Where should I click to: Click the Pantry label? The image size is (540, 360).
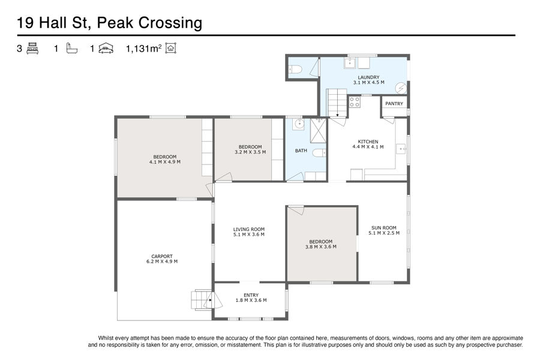point(394,104)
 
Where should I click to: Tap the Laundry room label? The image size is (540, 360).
point(368,77)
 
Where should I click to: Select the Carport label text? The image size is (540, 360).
point(162,256)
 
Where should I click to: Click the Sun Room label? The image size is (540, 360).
point(383,228)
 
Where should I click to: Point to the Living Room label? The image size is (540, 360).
point(248,229)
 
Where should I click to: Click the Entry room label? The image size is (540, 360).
point(251,295)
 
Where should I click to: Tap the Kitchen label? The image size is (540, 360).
point(368,142)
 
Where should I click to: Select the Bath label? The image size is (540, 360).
point(301,151)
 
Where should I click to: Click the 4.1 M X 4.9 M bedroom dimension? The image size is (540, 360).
point(164,162)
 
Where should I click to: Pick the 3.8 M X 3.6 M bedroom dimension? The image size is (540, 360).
point(320,247)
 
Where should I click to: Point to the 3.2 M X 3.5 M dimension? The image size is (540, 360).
point(250,152)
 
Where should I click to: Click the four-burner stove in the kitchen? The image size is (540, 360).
point(355,102)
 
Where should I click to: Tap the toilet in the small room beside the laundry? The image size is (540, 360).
point(295,70)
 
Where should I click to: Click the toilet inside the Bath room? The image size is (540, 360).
point(319,152)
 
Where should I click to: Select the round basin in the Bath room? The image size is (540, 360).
point(298,124)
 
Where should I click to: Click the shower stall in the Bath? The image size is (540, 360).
point(318,131)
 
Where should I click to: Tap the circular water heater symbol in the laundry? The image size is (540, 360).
point(401,89)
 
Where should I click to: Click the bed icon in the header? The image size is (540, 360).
point(32,48)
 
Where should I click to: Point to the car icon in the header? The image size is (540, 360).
point(106,49)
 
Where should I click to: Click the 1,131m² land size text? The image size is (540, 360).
point(143,49)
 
